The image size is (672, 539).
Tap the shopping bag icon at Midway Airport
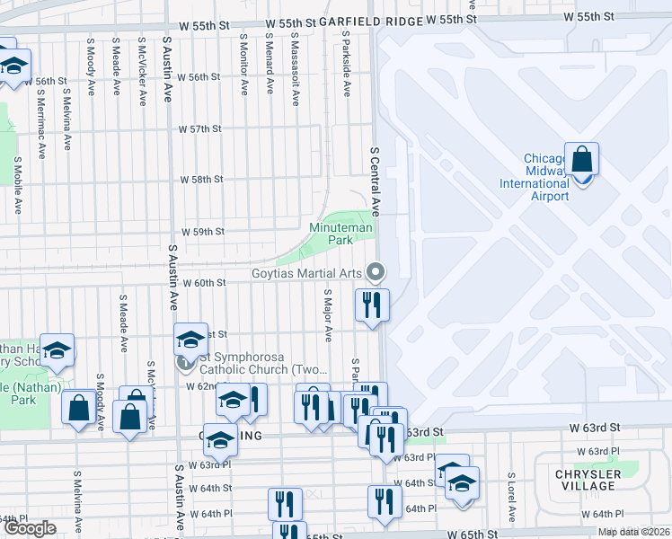pos(582,160)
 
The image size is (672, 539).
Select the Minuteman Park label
pos(340,234)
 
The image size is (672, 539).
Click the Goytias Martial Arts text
pos(305,273)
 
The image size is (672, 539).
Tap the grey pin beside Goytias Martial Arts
pos(377,270)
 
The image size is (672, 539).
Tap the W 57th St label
pos(199,129)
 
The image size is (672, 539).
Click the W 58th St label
pos(201,180)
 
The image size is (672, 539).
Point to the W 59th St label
pos(203,232)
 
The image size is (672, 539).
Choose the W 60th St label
pos(203,283)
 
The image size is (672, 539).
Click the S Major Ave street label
pos(329,315)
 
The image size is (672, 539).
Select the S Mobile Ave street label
pos(17,185)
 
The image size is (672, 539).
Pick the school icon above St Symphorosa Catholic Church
pos(190,340)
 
